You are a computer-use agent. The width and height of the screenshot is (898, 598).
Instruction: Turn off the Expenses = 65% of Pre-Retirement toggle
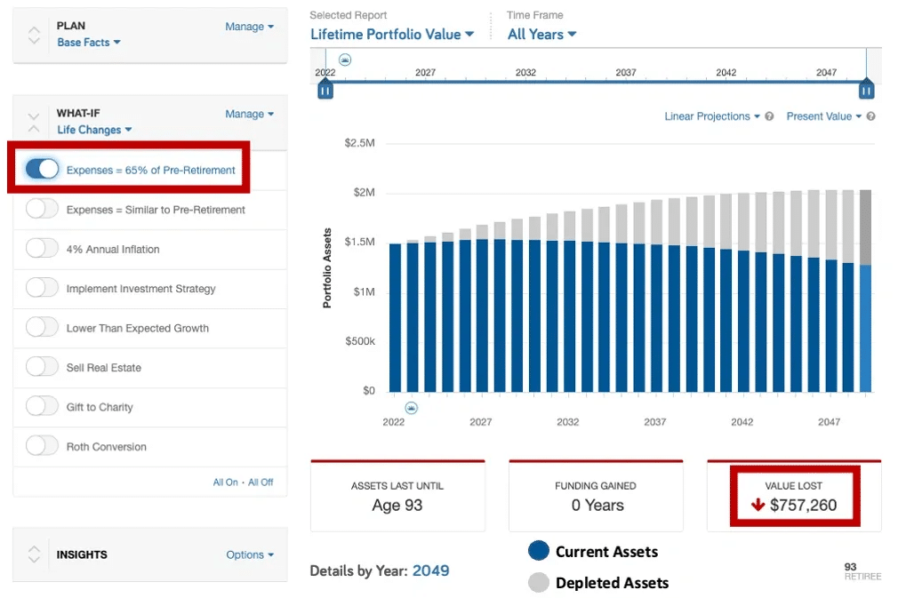click(x=42, y=170)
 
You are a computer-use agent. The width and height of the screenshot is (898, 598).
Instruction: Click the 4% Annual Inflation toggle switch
click(x=42, y=249)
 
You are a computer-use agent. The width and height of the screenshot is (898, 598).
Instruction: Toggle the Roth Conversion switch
click(x=42, y=446)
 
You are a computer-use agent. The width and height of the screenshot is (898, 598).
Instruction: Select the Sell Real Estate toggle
click(x=42, y=367)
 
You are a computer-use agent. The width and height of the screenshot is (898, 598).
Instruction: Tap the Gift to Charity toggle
click(x=42, y=406)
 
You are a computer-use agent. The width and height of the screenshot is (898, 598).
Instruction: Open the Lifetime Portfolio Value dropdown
click(x=392, y=35)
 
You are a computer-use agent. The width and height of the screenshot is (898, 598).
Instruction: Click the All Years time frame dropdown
click(x=541, y=35)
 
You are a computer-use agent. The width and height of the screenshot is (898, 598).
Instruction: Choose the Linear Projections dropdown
click(x=712, y=116)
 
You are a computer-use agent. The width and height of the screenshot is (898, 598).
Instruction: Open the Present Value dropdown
click(x=823, y=116)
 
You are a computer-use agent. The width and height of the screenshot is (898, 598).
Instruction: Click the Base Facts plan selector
click(x=89, y=43)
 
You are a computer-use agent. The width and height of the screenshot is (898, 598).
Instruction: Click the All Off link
click(x=261, y=482)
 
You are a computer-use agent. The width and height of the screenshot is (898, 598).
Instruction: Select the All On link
click(x=226, y=482)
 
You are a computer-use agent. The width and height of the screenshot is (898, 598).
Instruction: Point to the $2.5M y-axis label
click(x=360, y=142)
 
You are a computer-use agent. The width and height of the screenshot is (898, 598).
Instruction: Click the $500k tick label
click(x=360, y=341)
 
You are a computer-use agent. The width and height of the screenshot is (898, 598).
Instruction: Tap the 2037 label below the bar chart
click(x=654, y=422)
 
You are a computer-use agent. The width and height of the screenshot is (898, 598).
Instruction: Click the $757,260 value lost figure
click(x=803, y=505)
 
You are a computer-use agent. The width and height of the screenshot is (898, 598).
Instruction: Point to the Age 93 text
click(x=397, y=506)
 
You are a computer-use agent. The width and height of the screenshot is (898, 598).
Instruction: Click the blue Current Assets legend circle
click(x=539, y=551)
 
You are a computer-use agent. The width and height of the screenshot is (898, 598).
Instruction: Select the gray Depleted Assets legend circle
click(x=539, y=582)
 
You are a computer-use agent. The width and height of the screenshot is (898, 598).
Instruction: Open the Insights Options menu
click(x=250, y=554)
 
